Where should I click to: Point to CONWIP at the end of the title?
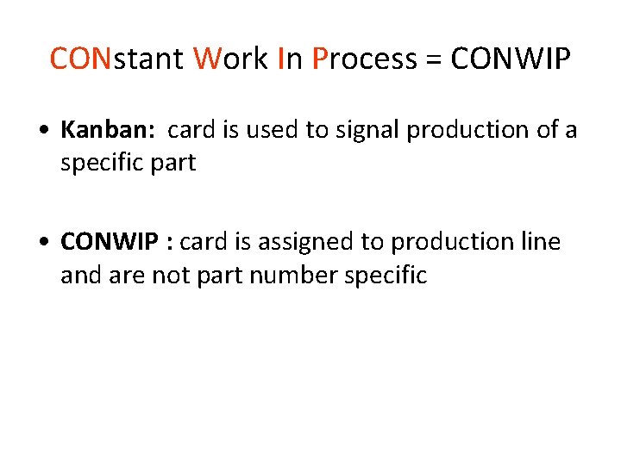[511, 59]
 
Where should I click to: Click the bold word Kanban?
[107, 129]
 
